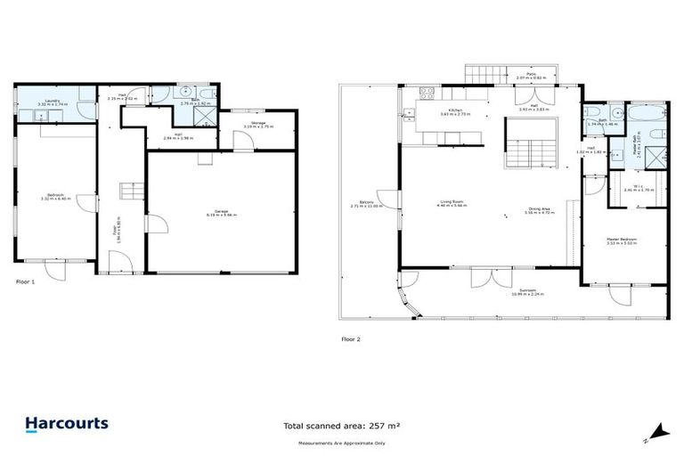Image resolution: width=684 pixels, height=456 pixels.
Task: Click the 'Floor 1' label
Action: [26, 281]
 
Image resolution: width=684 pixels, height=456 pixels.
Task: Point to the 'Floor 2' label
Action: [351, 338]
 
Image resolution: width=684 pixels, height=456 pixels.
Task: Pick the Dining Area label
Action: [540, 211]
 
